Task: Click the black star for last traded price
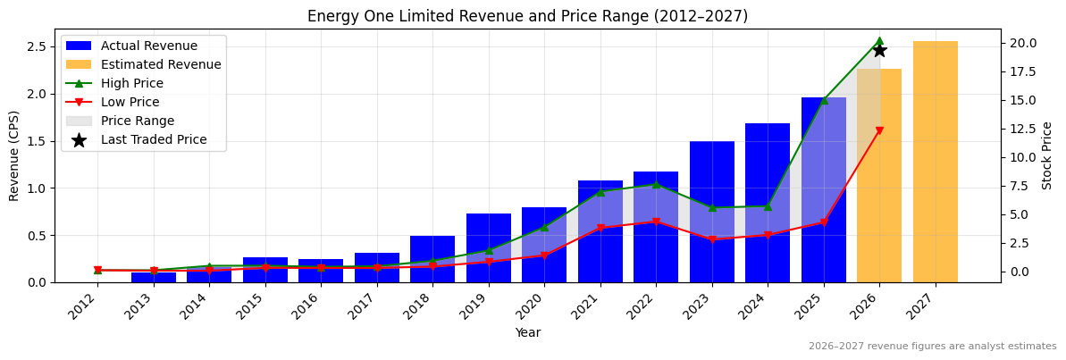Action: tap(879, 50)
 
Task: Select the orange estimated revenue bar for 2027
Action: tap(936, 162)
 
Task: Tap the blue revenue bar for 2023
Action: tap(712, 212)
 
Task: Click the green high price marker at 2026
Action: tap(879, 41)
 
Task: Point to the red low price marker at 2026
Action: tap(879, 130)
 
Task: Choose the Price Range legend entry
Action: tap(138, 121)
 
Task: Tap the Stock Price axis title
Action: tap(1048, 155)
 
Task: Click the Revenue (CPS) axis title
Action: tap(14, 155)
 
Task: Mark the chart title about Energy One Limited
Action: tap(527, 16)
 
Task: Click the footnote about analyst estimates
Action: tap(932, 347)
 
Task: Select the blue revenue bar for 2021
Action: tap(600, 231)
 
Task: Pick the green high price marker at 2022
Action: tap(656, 184)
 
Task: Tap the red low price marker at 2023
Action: tap(712, 239)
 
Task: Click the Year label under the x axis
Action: tap(527, 333)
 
